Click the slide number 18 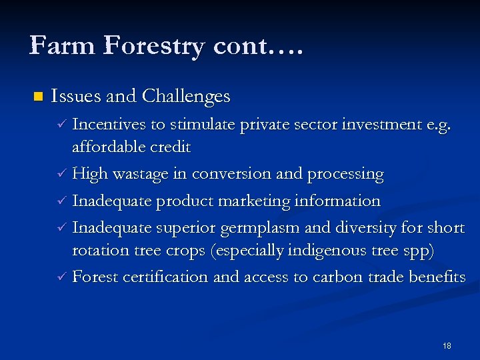click(x=447, y=345)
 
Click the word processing click(x=345, y=175)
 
